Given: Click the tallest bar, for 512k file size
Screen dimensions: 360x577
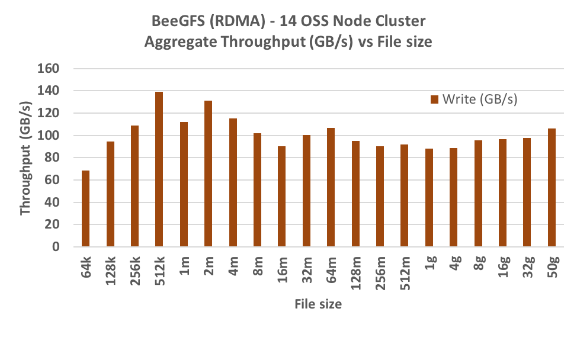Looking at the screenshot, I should click(159, 169).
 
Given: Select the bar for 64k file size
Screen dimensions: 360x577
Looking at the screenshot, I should click(85, 208).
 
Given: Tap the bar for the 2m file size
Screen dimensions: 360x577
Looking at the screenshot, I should click(208, 173).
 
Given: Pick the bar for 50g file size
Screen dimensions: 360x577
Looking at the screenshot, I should click(552, 187).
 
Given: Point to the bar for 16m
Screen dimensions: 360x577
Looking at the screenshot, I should click(282, 197).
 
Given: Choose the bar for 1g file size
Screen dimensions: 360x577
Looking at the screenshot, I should click(429, 198).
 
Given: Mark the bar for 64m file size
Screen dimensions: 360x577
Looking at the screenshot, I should click(331, 187).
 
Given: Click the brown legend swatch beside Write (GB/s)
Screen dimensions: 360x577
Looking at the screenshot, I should click(434, 99).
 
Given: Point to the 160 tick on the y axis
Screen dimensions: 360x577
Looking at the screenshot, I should click(50, 69).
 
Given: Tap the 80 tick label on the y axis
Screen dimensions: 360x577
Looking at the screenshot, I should click(53, 158).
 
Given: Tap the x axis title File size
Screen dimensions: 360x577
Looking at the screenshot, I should click(318, 304).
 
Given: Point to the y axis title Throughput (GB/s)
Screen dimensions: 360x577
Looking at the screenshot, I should click(26, 157).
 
